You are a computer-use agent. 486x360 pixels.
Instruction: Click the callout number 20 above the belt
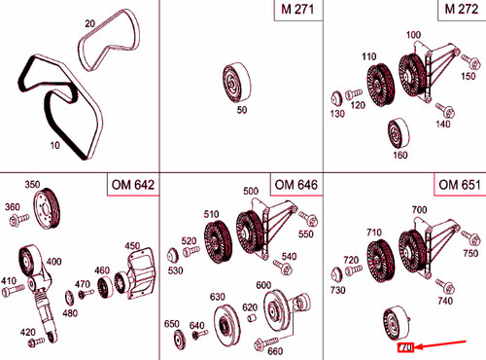tap(90, 22)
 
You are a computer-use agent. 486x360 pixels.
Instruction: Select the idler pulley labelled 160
tap(398, 132)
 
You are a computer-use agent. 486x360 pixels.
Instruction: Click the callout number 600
tap(263, 285)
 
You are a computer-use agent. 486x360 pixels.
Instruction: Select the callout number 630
tap(217, 295)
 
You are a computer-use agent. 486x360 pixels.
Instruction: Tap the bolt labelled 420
tap(37, 341)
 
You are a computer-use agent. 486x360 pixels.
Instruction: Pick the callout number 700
tap(419, 209)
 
